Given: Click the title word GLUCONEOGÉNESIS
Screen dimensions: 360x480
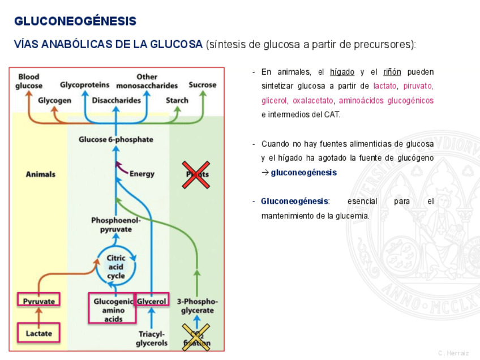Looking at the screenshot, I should [75, 22].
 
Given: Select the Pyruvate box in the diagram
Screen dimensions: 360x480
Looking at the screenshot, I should [39, 301].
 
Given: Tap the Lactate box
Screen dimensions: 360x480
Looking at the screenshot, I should [39, 333].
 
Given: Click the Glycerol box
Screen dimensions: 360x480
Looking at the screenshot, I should [152, 301].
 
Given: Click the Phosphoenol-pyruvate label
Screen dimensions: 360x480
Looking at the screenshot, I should [116, 225].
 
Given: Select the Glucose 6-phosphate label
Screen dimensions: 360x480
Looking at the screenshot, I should [115, 139].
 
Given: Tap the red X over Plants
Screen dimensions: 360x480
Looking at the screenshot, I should [195, 174].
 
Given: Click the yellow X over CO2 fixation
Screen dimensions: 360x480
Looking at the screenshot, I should [196, 336].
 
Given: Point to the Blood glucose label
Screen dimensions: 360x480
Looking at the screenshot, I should [29, 81].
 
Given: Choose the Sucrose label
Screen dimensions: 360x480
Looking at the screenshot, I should [202, 85].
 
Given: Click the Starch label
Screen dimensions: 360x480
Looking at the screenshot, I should [177, 100].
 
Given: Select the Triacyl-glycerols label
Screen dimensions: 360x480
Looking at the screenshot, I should [153, 338].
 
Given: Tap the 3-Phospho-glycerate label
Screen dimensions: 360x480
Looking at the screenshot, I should [197, 306].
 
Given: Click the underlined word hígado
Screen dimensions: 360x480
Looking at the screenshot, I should [342, 72].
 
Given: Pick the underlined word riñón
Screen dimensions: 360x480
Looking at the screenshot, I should [392, 72].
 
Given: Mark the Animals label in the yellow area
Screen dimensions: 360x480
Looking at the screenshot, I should [41, 174].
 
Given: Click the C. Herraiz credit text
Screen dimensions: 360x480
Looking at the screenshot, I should [453, 353].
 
